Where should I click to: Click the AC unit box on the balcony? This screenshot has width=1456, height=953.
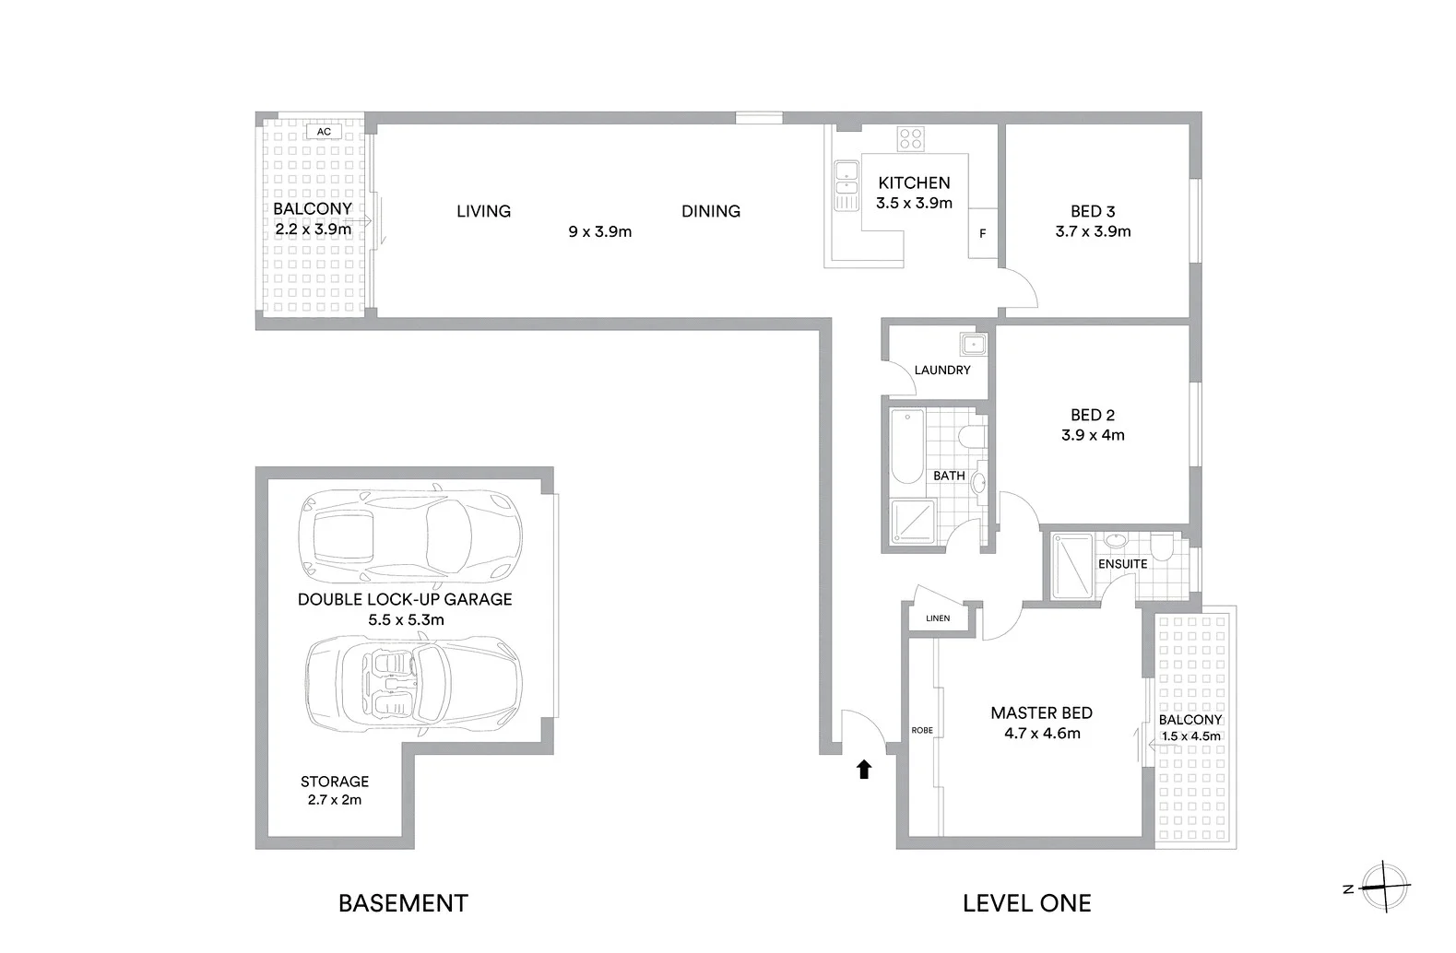coord(324,132)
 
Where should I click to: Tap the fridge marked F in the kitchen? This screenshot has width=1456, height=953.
coord(983,233)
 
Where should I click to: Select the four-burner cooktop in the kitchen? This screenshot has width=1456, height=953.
coord(911,139)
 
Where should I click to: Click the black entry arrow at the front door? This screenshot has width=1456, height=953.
coord(864,770)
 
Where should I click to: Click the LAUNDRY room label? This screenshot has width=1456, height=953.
coord(941,370)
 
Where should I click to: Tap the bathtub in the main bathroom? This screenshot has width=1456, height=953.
coord(907,447)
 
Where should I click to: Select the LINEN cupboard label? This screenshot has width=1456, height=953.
coord(938,618)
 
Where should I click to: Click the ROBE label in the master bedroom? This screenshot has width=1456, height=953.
coord(922,730)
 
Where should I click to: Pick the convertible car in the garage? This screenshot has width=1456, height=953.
coord(413,680)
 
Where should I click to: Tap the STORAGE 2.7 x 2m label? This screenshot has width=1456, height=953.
coord(335,790)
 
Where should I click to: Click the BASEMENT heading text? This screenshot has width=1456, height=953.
coord(403,903)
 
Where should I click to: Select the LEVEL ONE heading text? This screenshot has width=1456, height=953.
coord(1026,903)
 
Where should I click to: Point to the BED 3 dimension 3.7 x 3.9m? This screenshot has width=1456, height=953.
coord(1093,231)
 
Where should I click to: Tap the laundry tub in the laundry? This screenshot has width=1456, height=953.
coord(973,346)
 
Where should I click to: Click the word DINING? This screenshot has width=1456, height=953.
coord(710,211)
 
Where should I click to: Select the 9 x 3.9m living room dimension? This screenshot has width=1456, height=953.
coord(599,231)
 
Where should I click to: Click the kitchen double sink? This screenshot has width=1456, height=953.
coord(844,178)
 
